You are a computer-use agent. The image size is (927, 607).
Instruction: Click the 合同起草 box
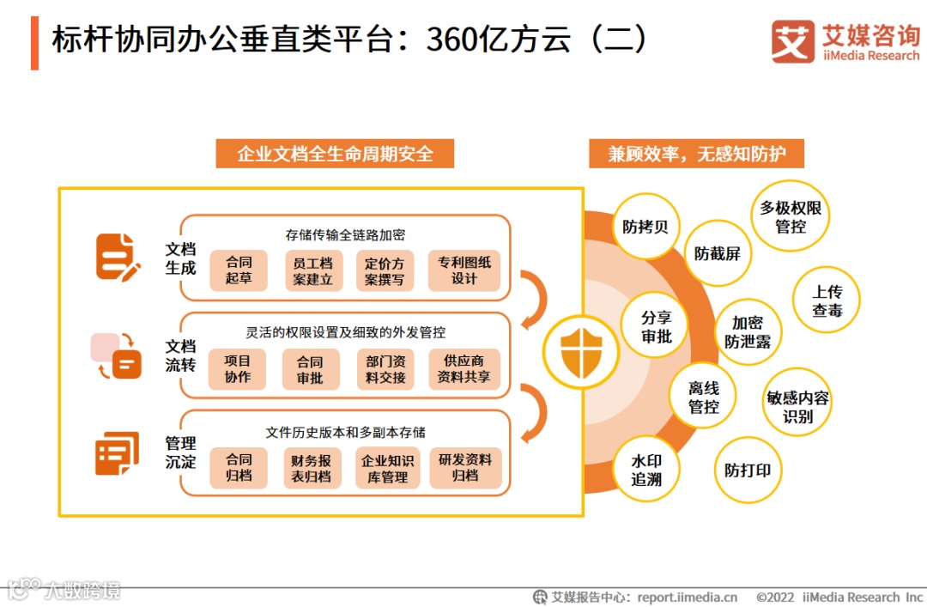[x=239, y=270]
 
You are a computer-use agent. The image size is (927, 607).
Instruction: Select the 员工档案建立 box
[x=312, y=270]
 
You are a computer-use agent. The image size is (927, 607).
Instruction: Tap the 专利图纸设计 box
[x=464, y=270]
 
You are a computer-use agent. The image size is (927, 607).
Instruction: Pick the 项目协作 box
[x=238, y=369]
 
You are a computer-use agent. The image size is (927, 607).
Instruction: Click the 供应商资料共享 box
[x=464, y=369]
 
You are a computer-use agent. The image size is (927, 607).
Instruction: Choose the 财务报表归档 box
[x=312, y=468]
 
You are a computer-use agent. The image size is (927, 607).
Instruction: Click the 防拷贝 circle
[x=645, y=228]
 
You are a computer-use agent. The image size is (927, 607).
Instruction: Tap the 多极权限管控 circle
[x=791, y=217]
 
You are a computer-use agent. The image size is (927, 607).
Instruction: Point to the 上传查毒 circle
[x=827, y=300]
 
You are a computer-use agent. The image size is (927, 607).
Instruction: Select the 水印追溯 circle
[x=646, y=470]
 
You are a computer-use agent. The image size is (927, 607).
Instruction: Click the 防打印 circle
[x=748, y=470]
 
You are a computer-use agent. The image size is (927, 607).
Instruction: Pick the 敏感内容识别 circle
[x=797, y=407]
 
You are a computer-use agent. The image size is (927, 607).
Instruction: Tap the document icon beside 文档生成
[x=117, y=257]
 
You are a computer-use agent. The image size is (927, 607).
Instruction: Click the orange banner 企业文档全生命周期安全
[x=335, y=155]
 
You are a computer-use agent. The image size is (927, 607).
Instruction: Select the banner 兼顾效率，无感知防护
[x=696, y=155]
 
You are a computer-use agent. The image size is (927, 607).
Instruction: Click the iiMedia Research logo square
[x=791, y=42]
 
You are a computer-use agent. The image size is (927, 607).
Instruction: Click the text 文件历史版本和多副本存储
[x=345, y=432]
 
